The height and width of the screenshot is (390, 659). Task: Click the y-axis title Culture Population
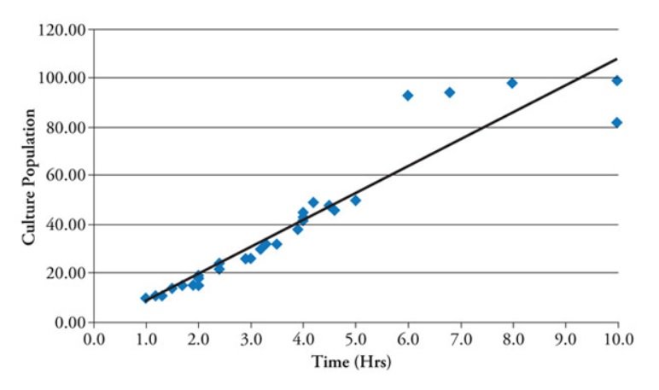[x=29, y=176]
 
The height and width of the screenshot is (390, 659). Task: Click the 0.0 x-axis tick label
[x=94, y=339]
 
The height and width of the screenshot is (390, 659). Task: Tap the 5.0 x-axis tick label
[x=356, y=339]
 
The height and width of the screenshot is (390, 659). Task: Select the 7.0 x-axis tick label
[x=461, y=339]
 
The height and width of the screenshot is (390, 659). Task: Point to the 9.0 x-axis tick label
[x=565, y=339]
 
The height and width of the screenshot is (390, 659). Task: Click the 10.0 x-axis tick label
[x=617, y=339]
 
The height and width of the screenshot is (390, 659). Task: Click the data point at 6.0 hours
[x=408, y=96]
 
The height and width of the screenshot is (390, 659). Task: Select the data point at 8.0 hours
[x=512, y=83]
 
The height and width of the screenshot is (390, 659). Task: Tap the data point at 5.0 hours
[x=355, y=200]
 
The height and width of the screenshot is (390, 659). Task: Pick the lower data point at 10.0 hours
[x=617, y=123]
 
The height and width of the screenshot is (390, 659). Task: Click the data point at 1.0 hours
[x=146, y=298]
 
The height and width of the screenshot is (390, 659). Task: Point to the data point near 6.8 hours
[x=450, y=92]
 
